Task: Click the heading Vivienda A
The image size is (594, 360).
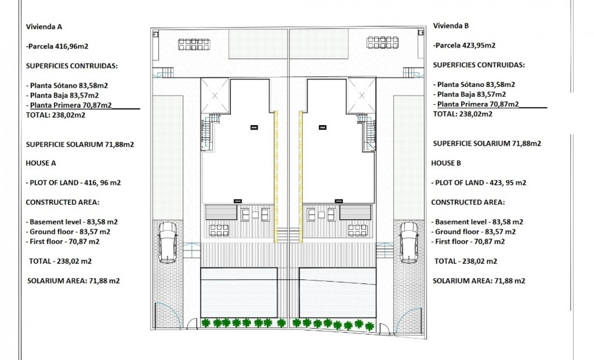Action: (44, 26)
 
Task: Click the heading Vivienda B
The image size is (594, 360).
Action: (451, 26)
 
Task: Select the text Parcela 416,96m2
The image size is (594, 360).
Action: (57, 45)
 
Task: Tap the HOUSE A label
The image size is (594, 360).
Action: (40, 163)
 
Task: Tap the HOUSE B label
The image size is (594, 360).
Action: (446, 163)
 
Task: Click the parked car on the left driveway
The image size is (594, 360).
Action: (167, 242)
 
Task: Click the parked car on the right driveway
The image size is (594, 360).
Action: (409, 242)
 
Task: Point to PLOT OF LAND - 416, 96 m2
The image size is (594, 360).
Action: (73, 183)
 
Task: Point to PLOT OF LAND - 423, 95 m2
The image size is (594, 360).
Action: (479, 183)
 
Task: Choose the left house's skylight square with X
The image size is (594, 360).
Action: (215, 95)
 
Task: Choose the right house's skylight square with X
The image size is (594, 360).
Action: (361, 95)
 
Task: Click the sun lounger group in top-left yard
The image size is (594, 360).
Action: (194, 44)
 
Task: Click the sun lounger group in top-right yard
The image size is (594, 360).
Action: (382, 42)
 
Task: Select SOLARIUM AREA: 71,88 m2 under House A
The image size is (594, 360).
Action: (73, 281)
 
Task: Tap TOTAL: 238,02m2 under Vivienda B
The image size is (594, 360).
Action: (463, 114)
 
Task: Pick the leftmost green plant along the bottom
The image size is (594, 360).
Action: (206, 323)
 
